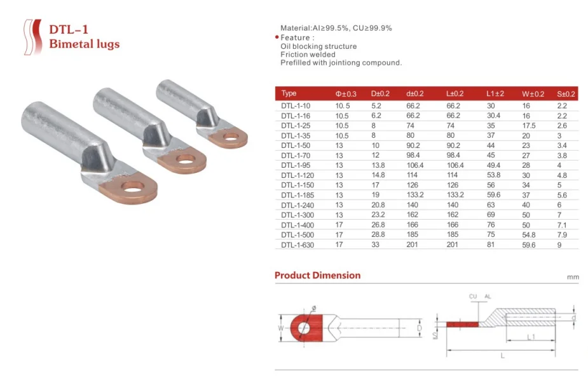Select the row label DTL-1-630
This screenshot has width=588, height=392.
click(x=297, y=245)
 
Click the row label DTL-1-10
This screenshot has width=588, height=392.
click(x=296, y=105)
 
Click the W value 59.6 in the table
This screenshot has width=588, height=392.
click(x=528, y=245)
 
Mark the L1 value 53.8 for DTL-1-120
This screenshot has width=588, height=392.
click(x=495, y=175)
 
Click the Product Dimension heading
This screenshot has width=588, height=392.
click(x=317, y=275)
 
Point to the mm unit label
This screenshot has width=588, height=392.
click(x=572, y=278)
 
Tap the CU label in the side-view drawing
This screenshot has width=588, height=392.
click(x=472, y=297)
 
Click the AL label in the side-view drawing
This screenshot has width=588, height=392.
click(x=488, y=297)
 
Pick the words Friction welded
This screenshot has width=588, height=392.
click(x=308, y=55)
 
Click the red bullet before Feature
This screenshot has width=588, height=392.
click(x=277, y=38)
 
